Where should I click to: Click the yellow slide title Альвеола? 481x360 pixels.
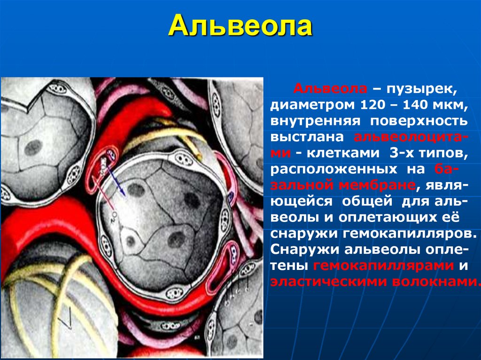[x=240, y=27]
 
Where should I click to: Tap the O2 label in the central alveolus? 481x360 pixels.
[x=114, y=216]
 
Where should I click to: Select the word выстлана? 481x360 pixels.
[x=308, y=137]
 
